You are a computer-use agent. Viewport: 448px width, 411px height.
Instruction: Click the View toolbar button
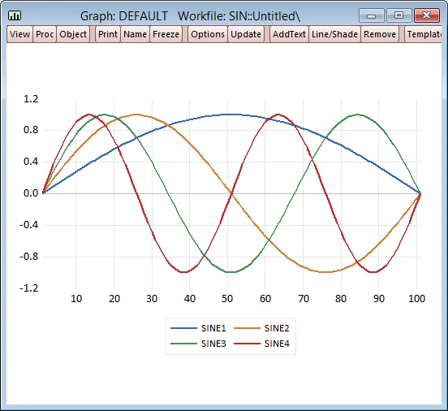tap(19, 34)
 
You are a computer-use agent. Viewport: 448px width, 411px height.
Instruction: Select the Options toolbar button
tap(208, 34)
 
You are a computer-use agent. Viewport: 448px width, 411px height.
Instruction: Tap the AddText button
tap(289, 34)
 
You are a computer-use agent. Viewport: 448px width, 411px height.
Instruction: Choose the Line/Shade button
tap(334, 34)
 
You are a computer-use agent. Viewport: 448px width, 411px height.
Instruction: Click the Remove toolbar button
tap(380, 34)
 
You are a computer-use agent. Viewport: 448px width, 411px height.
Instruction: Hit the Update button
tap(246, 34)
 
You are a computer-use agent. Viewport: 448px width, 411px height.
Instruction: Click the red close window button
tap(427, 15)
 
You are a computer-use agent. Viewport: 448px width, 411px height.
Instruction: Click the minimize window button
tap(372, 15)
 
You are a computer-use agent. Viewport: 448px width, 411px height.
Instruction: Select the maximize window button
tap(398, 15)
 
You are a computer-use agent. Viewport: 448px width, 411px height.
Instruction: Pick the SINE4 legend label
tap(277, 344)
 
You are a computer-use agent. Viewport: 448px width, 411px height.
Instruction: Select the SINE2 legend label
tap(277, 328)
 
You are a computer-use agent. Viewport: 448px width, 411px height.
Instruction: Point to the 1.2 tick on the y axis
tap(31, 99)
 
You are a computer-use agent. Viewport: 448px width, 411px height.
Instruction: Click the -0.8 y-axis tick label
tap(29, 257)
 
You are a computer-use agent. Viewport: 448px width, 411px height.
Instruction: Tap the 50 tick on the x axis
tap(227, 299)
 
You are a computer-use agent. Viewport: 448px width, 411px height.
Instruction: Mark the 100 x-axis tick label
tap(416, 299)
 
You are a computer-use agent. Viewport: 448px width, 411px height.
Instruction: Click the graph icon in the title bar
tap(15, 15)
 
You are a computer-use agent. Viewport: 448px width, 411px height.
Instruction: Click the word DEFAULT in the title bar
tap(143, 16)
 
